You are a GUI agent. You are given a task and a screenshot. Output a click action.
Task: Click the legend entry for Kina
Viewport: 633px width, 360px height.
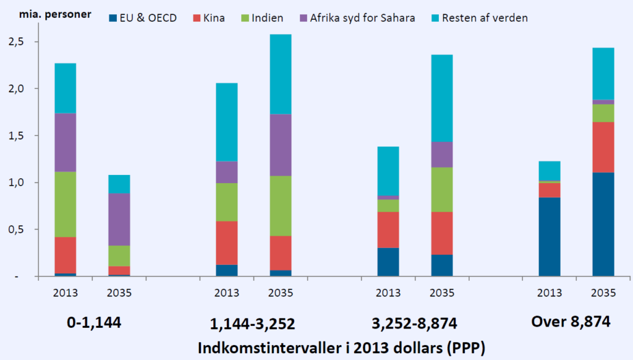[213, 18]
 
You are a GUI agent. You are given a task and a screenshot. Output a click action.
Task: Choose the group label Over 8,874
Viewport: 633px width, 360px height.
[571, 322]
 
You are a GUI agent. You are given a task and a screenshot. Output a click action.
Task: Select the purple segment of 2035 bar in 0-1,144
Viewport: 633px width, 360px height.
[119, 220]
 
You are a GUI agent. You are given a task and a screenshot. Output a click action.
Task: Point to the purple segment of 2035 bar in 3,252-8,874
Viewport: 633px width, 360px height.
[442, 155]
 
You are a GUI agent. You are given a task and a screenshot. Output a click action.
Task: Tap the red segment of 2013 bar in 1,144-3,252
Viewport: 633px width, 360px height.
[227, 242]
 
